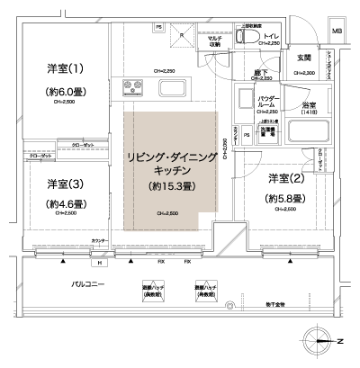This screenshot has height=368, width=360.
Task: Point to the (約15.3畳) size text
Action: tap(170, 186)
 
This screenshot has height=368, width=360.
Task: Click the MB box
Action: tap(337, 33)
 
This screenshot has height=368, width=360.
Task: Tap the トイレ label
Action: tap(270, 38)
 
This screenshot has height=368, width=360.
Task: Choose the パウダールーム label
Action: tap(247, 101)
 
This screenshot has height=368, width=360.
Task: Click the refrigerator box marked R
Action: tap(180, 37)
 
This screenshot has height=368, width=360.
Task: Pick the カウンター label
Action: tap(98, 242)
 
